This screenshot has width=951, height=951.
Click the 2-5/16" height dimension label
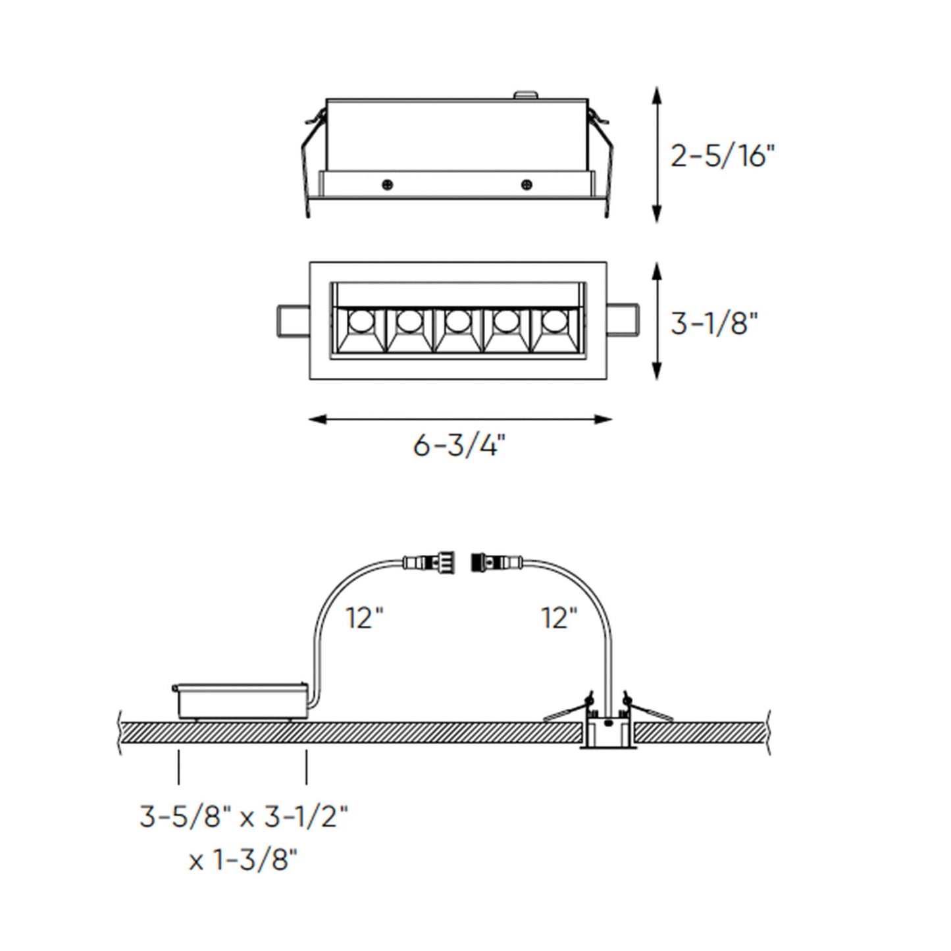[x=723, y=157]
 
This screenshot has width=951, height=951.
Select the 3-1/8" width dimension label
[x=715, y=323]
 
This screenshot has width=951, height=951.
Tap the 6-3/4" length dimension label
[x=459, y=446]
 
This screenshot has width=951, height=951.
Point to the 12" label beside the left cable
[x=365, y=619]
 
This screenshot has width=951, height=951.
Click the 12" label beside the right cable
[x=559, y=619]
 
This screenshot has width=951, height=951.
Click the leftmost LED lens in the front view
[x=360, y=321]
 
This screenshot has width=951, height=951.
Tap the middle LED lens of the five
[x=457, y=321]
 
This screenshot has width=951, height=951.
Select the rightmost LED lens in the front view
[x=554, y=321]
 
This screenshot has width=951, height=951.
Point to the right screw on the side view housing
[x=526, y=184]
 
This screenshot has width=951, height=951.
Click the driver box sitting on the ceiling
[x=240, y=700]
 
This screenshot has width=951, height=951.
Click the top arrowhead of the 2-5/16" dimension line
[x=656, y=94]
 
